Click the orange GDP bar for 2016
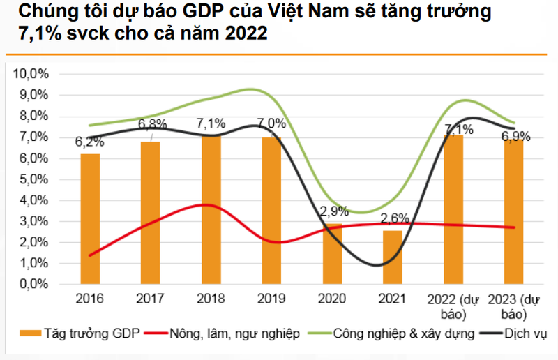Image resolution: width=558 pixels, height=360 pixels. coord(90,219)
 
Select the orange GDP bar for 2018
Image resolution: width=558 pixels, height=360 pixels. coord(211,210)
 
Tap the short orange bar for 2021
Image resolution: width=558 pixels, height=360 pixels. coord(392,257)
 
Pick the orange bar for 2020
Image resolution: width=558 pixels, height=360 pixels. coord(332,255)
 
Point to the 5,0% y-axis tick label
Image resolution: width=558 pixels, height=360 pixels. coord(32,179)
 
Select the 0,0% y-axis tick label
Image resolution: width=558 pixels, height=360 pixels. coord(32,285)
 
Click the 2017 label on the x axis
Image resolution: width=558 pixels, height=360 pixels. coord(151,299)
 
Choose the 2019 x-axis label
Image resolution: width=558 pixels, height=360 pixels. coord(272,299)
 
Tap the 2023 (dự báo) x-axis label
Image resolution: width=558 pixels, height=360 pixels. coord(514,305)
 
